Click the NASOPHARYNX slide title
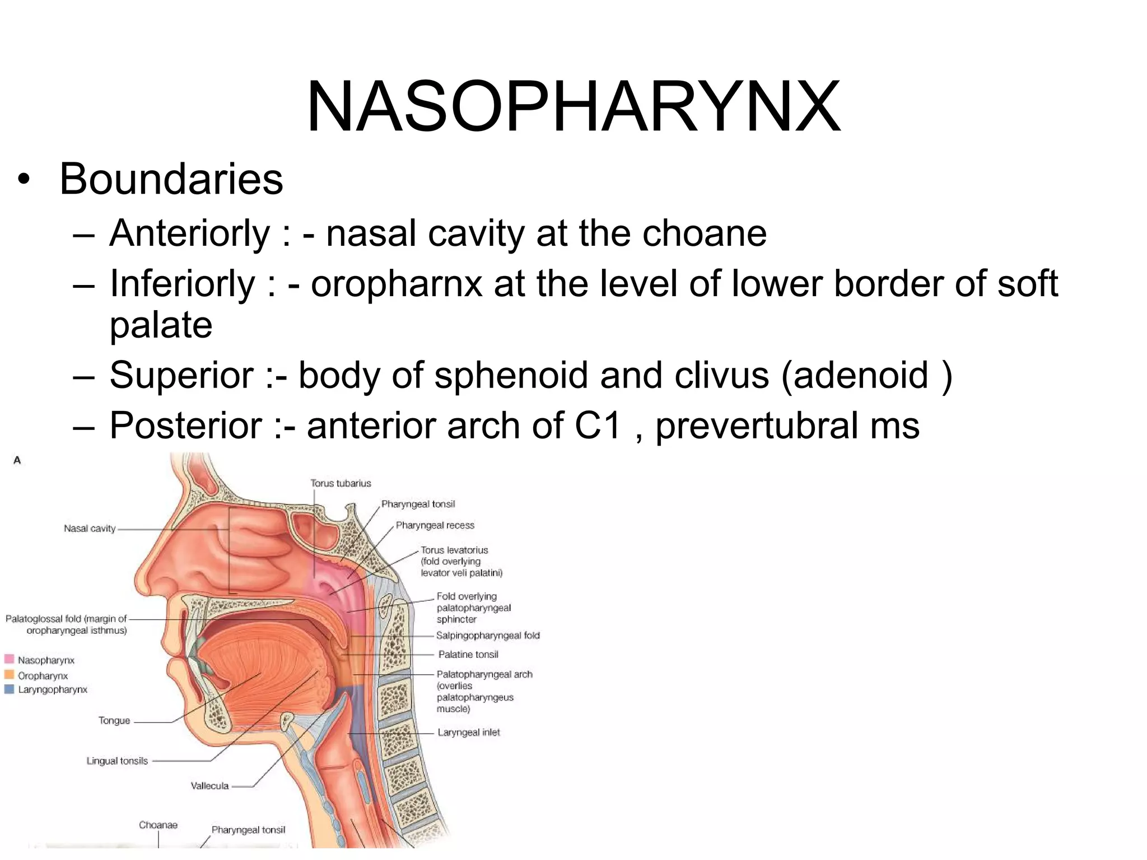point(573,106)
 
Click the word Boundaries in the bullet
point(171,179)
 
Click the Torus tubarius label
point(341,483)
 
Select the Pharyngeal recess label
point(435,525)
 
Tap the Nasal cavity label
point(90,529)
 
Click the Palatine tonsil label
point(468,655)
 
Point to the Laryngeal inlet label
point(469,732)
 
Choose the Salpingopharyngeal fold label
point(488,635)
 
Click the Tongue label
point(114,721)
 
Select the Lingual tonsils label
point(117,761)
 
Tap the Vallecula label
point(209,786)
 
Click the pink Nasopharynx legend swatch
point(9,659)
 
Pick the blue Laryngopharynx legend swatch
point(9,689)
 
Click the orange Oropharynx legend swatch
point(9,675)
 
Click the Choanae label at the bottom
point(158,825)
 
